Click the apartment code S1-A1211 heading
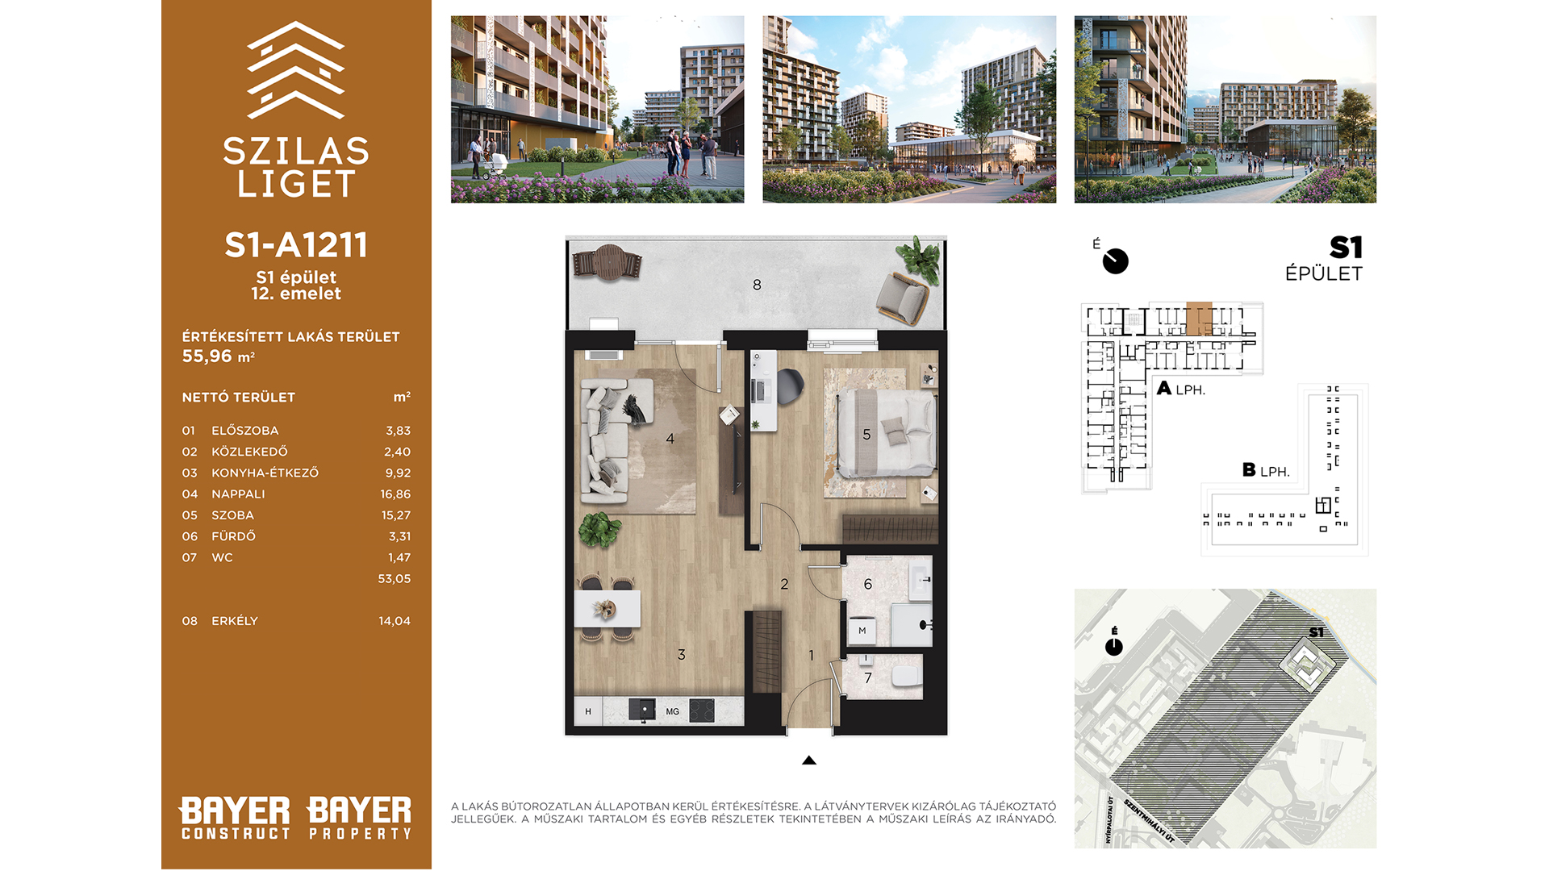pos(296,245)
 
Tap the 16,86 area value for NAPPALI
pos(395,494)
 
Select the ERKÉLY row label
pos(235,621)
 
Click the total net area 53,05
pos(395,579)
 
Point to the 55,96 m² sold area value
pos(219,356)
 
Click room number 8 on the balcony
pos(757,285)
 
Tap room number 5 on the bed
pos(866,435)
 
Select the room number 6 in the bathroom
pos(868,584)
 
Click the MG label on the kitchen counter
pos(673,712)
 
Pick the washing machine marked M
pos(862,631)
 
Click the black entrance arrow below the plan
pos(809,761)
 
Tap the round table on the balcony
pos(607,263)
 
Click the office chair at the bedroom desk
pos(790,386)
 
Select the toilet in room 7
pos(907,676)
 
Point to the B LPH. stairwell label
pos(1266,470)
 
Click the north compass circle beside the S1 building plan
pos(1116,261)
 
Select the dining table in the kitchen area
pos(607,609)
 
